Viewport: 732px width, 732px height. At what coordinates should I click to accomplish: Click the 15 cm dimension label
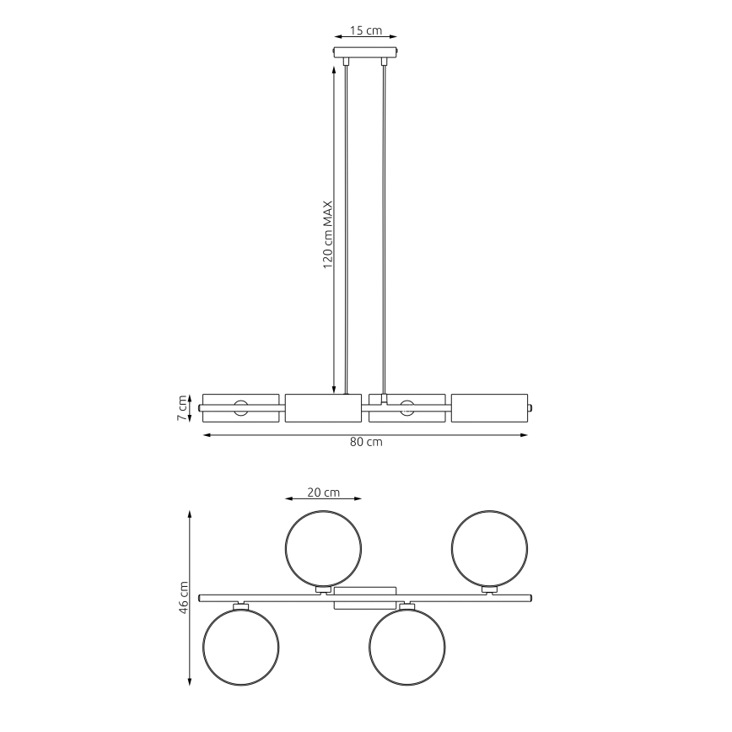365,31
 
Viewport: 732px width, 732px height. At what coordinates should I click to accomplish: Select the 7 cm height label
181,408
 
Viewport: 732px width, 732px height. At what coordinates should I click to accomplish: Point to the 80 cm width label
365,443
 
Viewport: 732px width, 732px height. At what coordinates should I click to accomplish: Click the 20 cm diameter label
323,492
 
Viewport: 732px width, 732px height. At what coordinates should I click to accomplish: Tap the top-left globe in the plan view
324,546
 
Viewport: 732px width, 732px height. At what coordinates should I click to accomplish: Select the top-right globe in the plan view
490,546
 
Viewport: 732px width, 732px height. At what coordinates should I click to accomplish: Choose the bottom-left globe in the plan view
240,647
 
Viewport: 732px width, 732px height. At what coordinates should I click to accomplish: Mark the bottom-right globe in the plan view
406,647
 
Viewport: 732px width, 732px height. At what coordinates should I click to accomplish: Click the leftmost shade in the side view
240,407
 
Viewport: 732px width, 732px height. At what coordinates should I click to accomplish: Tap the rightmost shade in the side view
489,407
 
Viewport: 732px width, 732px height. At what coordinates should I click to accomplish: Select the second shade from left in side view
323,407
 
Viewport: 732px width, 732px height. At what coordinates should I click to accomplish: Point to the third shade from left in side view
407,407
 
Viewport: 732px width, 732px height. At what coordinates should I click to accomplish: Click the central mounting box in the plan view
365,598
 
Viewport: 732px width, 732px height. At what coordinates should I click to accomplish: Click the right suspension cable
385,228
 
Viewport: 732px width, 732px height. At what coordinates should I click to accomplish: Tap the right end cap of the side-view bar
530,407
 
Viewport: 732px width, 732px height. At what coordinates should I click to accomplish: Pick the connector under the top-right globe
489,589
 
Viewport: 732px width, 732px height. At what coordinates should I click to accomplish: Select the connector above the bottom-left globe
240,605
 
